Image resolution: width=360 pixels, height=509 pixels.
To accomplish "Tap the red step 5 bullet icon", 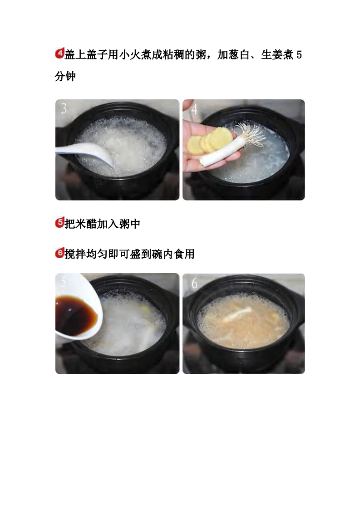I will tap(59, 223).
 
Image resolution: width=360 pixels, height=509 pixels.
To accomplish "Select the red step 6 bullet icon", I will tap(59, 254).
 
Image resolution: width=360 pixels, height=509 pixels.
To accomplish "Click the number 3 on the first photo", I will tap(64, 109).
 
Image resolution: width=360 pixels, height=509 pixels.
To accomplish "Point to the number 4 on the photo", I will tap(194, 109).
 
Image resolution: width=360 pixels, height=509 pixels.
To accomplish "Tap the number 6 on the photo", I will tap(194, 284).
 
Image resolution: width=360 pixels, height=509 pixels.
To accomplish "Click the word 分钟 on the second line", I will tap(65, 77).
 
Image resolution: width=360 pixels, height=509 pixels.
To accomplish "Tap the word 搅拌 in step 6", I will tap(75, 254).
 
